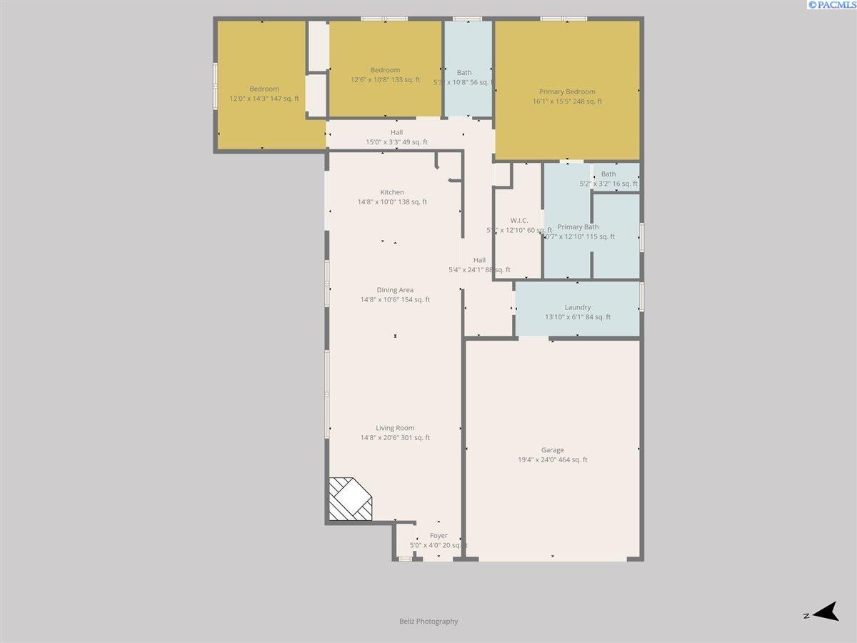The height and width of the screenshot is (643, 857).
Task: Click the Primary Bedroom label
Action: tap(566, 91)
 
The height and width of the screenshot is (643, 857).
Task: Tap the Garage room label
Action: tap(552, 450)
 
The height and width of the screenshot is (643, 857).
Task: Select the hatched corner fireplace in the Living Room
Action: tap(349, 499)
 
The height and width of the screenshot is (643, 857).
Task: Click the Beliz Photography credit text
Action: tap(428, 622)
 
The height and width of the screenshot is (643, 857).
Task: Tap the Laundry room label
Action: tap(578, 307)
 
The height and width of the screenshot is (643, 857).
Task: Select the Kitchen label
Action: tap(392, 192)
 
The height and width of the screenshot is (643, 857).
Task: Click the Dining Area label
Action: tap(395, 290)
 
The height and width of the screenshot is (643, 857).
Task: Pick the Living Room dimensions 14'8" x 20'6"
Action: tap(395, 438)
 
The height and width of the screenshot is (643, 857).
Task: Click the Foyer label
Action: tap(438, 536)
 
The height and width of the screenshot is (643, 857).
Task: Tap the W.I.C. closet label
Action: tap(519, 220)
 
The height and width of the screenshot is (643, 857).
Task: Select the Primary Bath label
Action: tap(578, 227)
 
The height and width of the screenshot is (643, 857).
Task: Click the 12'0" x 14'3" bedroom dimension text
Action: tap(264, 99)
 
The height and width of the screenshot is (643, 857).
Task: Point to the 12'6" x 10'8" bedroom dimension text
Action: tap(385, 79)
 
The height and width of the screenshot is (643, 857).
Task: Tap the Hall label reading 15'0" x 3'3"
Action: tap(396, 142)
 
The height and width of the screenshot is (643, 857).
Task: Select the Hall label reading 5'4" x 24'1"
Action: tap(479, 270)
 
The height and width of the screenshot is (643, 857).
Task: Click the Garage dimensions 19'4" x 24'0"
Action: tap(552, 460)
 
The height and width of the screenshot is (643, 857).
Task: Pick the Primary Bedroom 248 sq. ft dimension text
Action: tap(567, 101)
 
